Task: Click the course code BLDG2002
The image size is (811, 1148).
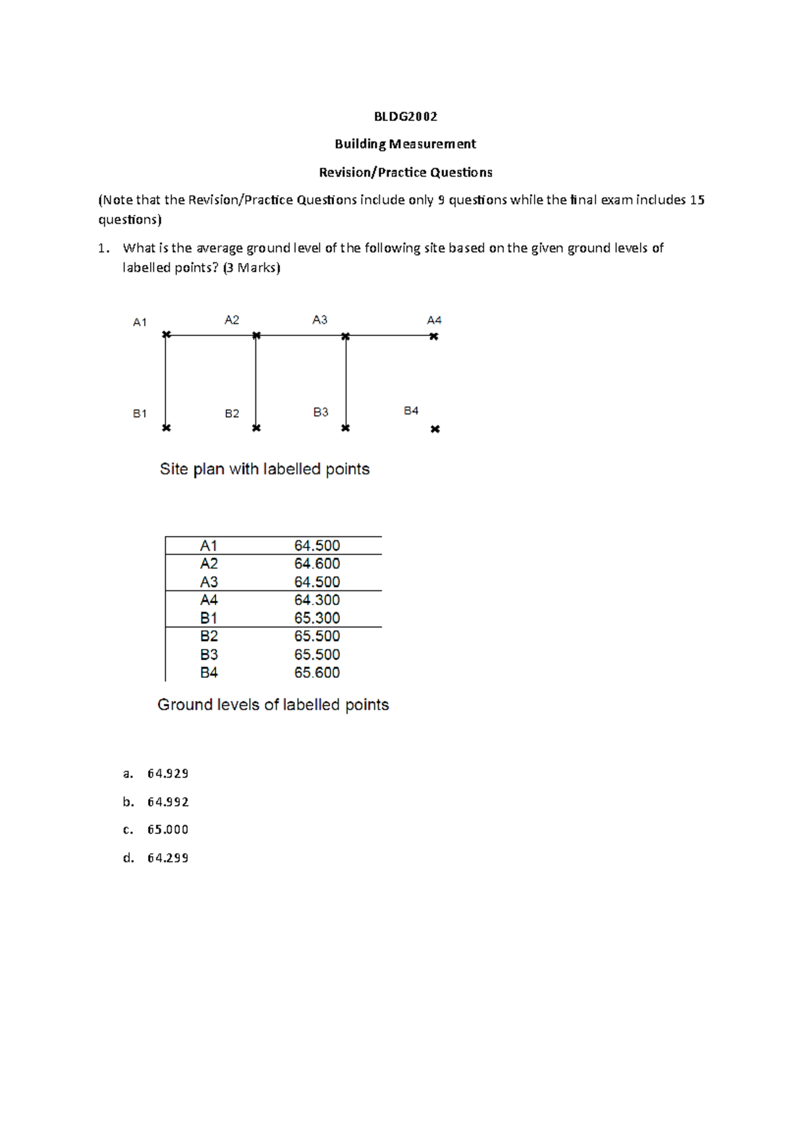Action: (x=405, y=116)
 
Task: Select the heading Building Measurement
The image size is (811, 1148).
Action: (x=405, y=144)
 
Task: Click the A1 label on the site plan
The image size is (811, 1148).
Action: (x=140, y=322)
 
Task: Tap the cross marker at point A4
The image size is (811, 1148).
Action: (x=434, y=336)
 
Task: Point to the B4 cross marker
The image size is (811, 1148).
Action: (x=435, y=429)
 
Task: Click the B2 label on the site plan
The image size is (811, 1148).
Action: (x=232, y=413)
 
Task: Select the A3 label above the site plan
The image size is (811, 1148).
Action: (x=320, y=320)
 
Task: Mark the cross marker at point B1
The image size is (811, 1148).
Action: (x=166, y=428)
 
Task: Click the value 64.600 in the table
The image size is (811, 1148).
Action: (x=317, y=564)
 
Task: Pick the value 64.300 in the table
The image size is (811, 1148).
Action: (x=317, y=600)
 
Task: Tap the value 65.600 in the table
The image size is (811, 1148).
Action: (x=317, y=673)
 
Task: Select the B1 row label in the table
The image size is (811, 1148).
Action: (x=209, y=618)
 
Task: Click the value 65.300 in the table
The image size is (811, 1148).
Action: (x=317, y=618)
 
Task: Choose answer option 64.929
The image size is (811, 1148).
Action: (x=168, y=773)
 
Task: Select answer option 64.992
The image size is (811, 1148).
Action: (x=168, y=802)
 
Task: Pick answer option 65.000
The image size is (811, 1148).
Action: (x=168, y=830)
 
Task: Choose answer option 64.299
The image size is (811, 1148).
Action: (x=168, y=858)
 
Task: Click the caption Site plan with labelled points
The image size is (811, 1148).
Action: (x=264, y=469)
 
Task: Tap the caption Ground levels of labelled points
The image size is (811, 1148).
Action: (x=273, y=704)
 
